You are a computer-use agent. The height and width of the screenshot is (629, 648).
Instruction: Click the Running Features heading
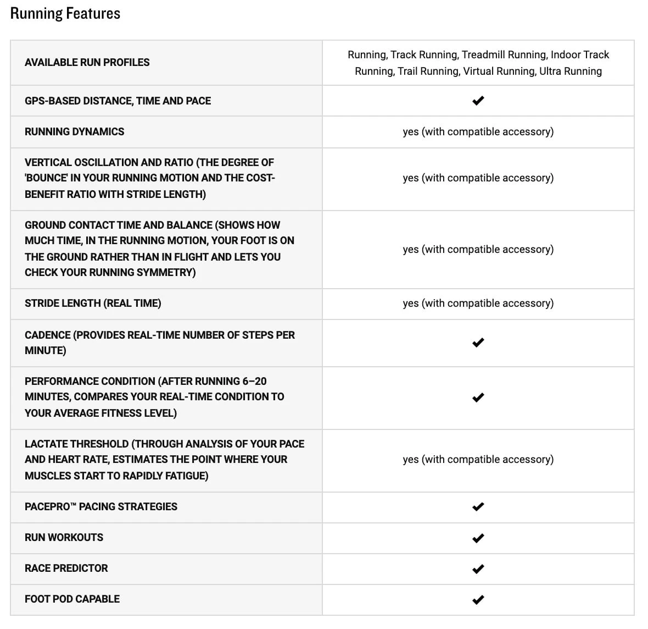point(65,14)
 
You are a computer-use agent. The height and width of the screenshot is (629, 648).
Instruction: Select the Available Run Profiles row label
point(87,62)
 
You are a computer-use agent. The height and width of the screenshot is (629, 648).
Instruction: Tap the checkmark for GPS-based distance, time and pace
point(478,101)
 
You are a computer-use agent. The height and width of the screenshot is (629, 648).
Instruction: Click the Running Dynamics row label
point(74,131)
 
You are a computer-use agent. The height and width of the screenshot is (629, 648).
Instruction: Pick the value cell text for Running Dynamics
point(478,131)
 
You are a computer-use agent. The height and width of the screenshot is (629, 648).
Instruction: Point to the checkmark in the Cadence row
point(478,343)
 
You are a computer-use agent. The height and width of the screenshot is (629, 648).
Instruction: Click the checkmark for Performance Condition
point(478,397)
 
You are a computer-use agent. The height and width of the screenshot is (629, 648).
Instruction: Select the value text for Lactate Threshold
point(478,459)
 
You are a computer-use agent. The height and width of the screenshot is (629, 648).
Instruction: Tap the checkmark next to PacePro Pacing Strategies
point(478,506)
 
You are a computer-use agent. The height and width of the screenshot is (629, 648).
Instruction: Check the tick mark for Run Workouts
point(478,538)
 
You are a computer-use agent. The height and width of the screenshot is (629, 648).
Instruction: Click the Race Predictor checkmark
point(478,569)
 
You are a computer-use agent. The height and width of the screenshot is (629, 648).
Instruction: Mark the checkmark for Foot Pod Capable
point(478,599)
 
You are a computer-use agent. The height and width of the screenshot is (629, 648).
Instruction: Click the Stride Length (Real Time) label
point(93,303)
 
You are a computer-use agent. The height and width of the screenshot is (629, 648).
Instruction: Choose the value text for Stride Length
point(478,303)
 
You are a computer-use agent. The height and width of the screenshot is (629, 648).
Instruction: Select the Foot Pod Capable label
point(72,599)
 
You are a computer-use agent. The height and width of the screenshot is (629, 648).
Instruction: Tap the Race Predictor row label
point(66,568)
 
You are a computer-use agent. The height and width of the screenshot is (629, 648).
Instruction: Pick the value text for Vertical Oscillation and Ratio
point(478,178)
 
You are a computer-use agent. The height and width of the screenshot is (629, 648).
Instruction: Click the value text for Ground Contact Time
point(478,249)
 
